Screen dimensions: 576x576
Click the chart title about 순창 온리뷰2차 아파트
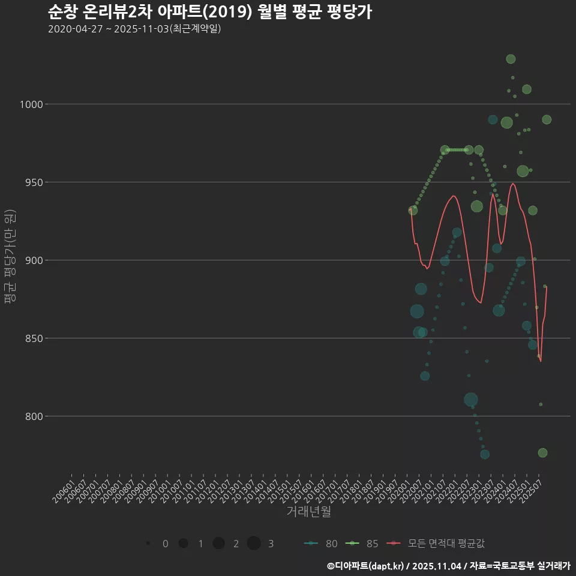pyautogui.click(x=209, y=11)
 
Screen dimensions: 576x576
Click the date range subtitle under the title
pyautogui.click(x=134, y=29)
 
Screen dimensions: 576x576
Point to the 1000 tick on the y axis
pyautogui.click(x=31, y=104)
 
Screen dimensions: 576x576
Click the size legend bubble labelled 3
pyautogui.click(x=254, y=544)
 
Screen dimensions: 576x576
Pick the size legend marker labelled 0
pyautogui.click(x=148, y=544)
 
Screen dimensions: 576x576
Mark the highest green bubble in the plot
pyautogui.click(x=511, y=59)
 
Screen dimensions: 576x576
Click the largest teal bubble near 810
pyautogui.click(x=471, y=400)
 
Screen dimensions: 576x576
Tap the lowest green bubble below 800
pyautogui.click(x=542, y=453)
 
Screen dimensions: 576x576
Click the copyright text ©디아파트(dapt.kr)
pyautogui.click(x=366, y=566)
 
